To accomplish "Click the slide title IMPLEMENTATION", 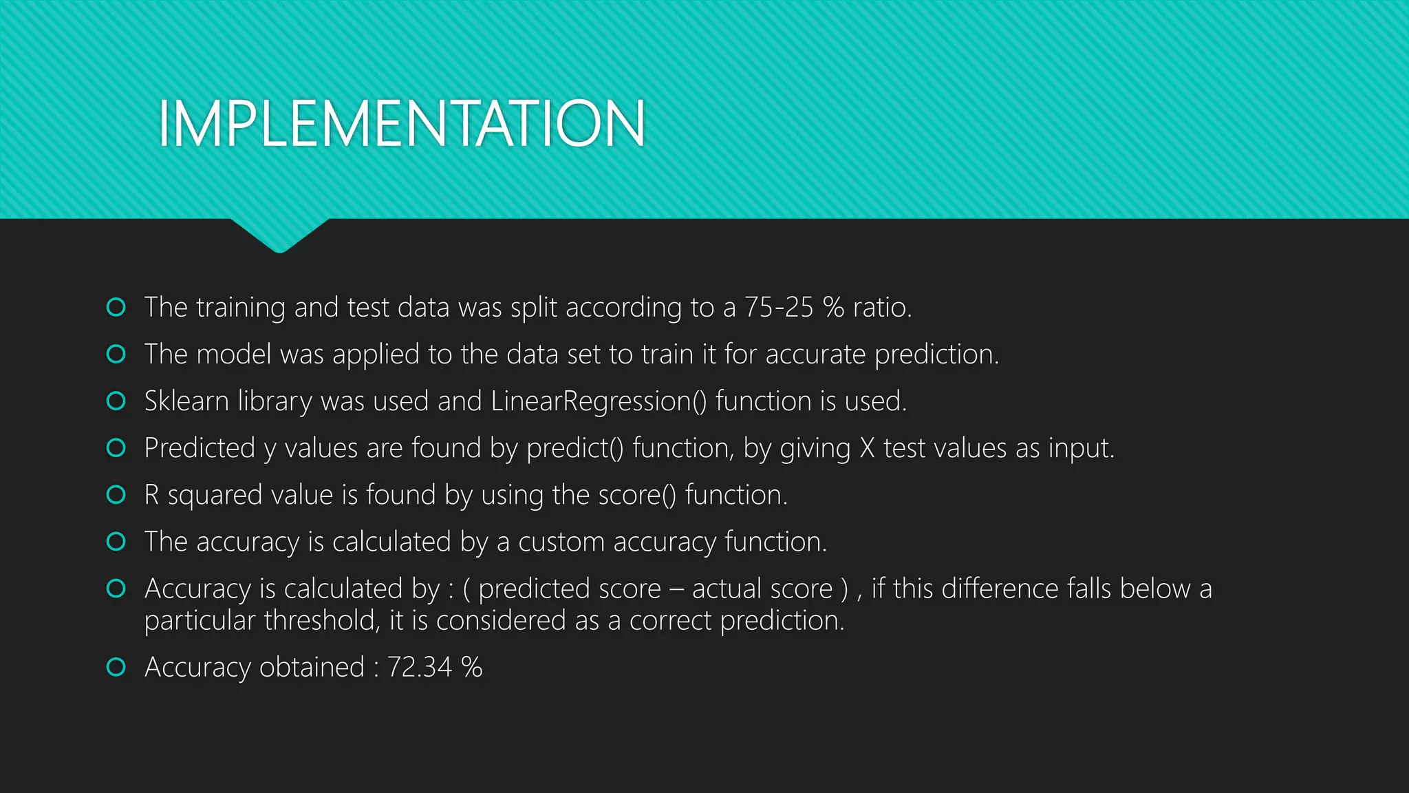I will (402, 124).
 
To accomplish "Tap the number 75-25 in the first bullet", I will (779, 308).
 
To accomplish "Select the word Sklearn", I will (186, 401).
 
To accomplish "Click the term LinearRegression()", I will (599, 401).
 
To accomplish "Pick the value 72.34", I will (420, 667).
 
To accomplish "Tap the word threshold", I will (322, 621).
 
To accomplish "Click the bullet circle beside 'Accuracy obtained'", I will (116, 667).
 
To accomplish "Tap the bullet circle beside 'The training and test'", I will (116, 307).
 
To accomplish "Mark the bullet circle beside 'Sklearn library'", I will (116, 401).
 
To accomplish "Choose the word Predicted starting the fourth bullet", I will (200, 448).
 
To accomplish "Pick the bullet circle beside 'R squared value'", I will (116, 494).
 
